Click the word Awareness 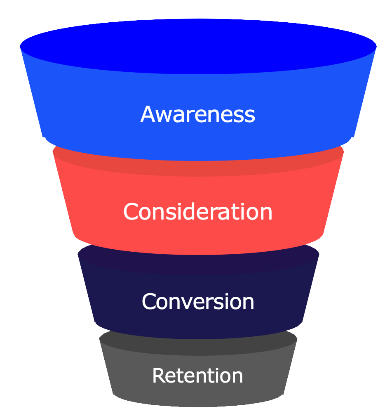coord(198,114)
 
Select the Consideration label coord(198,211)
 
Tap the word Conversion coord(198,301)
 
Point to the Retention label coord(197,376)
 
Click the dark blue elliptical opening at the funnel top coord(198,45)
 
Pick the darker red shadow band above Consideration coord(198,168)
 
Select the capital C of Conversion coord(149,301)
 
